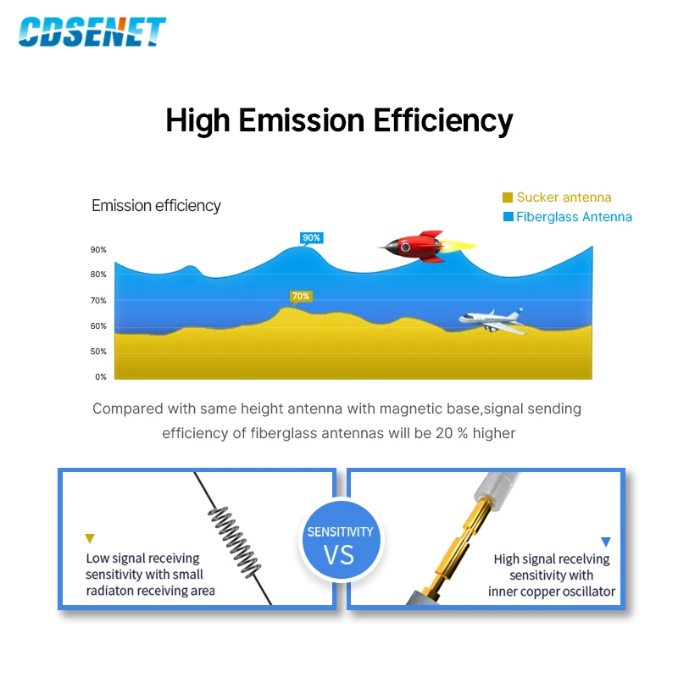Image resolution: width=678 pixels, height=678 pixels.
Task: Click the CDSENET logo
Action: tap(92, 31)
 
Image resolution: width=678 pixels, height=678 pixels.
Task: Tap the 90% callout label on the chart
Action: tap(311, 237)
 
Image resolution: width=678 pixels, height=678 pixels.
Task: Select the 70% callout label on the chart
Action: tap(301, 296)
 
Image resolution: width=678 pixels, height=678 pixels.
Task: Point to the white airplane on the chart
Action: tap(491, 320)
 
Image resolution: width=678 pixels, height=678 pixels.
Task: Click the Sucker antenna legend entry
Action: tap(557, 197)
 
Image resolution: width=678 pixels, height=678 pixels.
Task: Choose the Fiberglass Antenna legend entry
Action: tap(567, 217)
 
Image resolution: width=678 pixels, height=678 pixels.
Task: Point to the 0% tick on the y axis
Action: tap(100, 377)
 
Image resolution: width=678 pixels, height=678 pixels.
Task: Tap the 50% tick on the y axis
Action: tap(98, 352)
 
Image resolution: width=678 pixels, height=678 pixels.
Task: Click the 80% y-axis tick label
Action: tap(98, 275)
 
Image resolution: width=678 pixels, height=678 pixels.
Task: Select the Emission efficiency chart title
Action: tap(156, 206)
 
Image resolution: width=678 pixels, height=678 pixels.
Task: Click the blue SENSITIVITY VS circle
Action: tap(339, 543)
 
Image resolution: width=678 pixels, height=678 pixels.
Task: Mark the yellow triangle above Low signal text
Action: tap(90, 538)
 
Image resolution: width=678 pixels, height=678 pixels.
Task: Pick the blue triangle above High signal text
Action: tap(605, 541)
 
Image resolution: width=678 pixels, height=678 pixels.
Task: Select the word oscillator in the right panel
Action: tap(584, 591)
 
